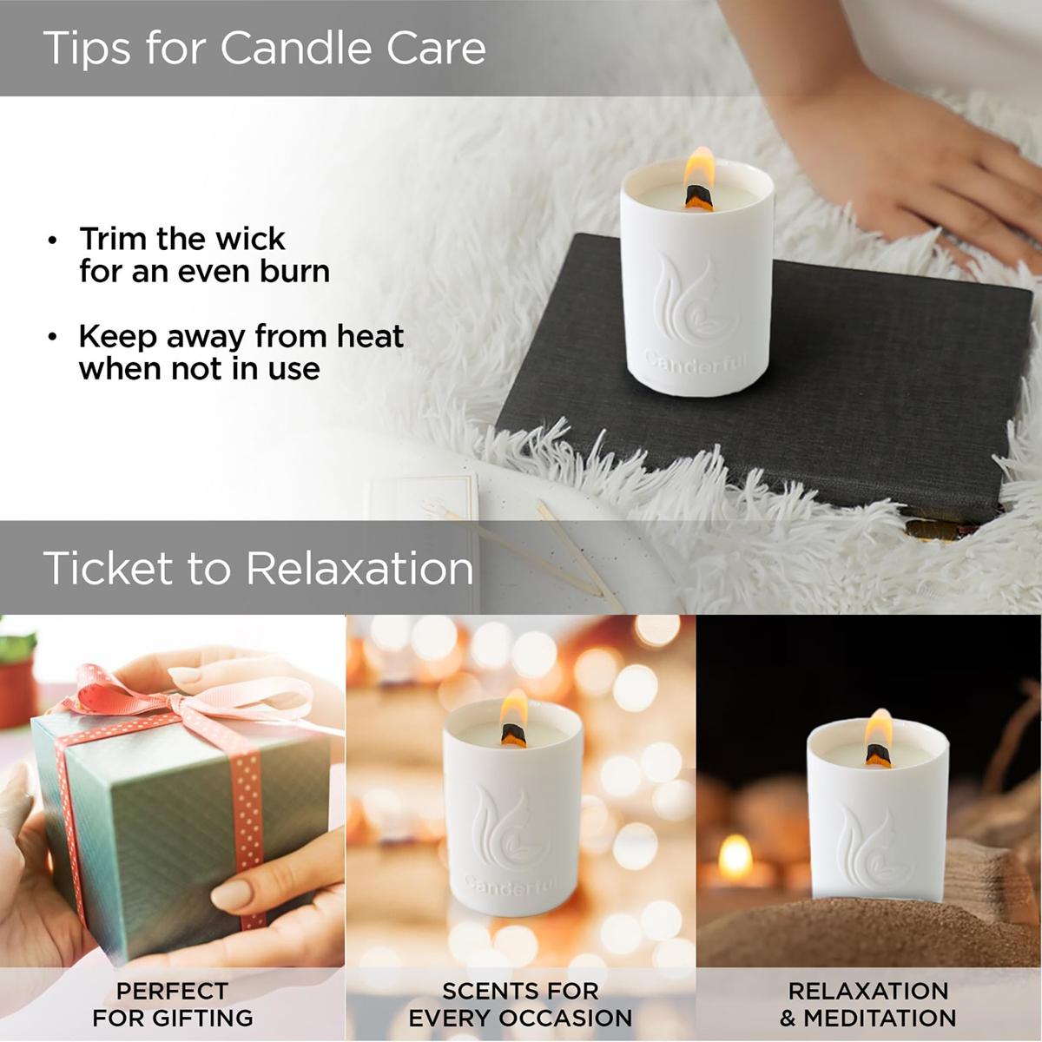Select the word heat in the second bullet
pos(370,336)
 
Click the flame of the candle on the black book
pos(699,169)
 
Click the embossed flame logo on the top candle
pos(695,299)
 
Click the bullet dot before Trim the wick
pos(52,240)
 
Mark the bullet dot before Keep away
pos(52,338)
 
